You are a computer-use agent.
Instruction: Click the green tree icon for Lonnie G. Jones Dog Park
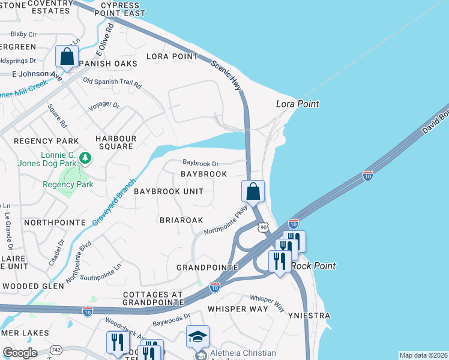coord(86,158)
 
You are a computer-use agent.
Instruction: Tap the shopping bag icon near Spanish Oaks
coord(67,57)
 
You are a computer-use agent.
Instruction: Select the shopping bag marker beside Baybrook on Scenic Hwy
coord(253,191)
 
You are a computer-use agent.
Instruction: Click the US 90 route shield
coord(263,227)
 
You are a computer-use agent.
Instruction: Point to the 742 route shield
coord(56,349)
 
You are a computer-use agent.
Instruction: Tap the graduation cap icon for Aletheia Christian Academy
coord(197,336)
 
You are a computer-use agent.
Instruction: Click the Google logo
coord(20,352)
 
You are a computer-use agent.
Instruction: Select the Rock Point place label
coord(313,266)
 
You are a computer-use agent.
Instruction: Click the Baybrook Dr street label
coord(200,163)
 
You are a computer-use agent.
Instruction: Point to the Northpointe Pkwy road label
coord(225,220)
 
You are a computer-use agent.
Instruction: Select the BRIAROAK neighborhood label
coord(181,220)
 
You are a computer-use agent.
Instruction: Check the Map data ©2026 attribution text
coord(423,355)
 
